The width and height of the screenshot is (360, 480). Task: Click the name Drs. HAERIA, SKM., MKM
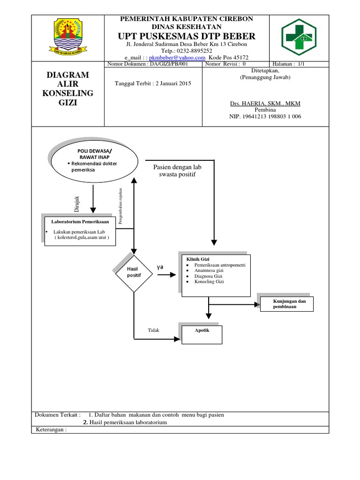pos(265,103)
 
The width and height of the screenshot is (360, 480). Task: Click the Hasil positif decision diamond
pos(134,272)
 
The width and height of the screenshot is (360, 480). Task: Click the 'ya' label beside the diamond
pos(160,267)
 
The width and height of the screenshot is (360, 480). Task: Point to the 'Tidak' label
pos(154,330)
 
